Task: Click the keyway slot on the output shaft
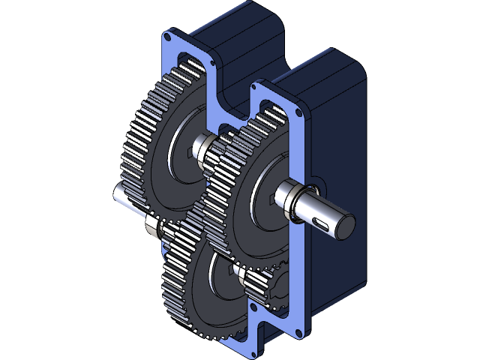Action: coord(323,221)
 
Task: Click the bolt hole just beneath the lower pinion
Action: coord(253,307)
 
